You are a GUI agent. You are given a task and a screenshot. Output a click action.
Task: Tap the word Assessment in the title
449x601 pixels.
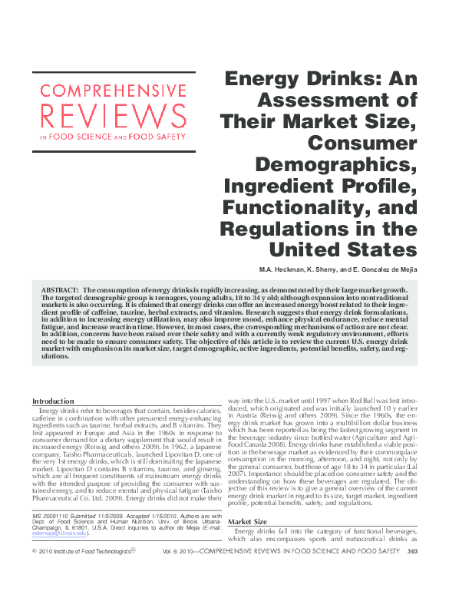pos(335,100)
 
